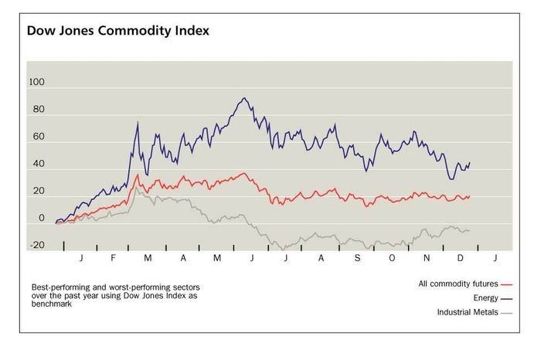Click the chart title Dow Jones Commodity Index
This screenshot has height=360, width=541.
118,32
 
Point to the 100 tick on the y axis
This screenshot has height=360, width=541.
36,83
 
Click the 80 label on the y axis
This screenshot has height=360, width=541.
38,110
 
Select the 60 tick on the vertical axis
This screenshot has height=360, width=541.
38,138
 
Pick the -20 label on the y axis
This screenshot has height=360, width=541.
36,246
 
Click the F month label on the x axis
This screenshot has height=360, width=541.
113,256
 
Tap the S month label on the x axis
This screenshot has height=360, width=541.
357,256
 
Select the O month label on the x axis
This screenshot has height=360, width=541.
392,256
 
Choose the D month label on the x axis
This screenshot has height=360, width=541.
461,256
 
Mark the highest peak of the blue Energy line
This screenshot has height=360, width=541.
244,98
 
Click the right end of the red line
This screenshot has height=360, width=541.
469,196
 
